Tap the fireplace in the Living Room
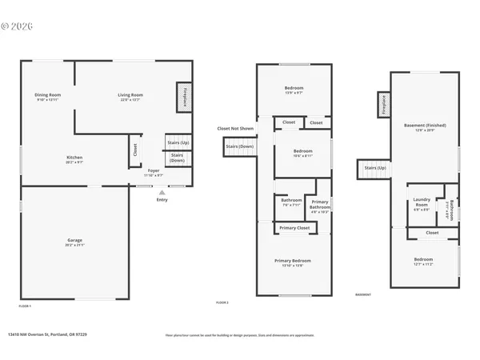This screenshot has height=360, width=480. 182,96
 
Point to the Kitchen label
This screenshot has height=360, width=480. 74,159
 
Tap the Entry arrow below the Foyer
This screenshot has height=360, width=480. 162,194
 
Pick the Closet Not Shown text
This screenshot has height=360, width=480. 235,128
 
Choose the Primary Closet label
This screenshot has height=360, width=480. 294,229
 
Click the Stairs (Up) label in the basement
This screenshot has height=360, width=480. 375,168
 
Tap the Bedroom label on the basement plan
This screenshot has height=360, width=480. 423,260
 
